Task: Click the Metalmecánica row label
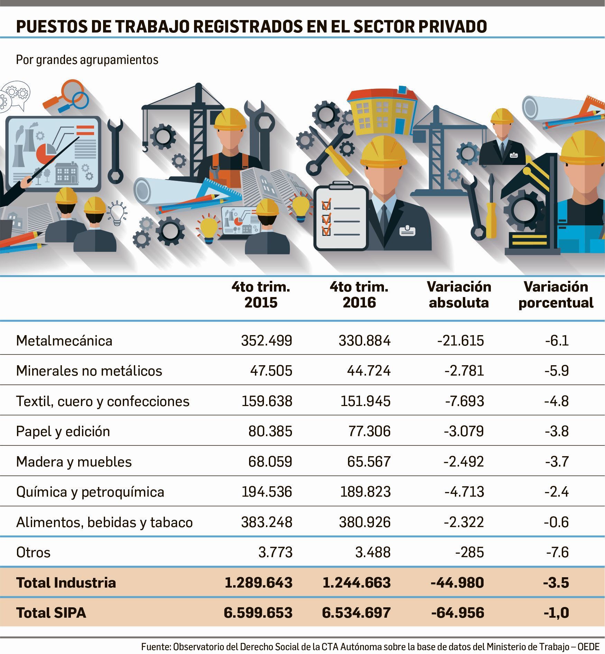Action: [64, 341]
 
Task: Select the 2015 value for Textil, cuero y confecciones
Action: [266, 401]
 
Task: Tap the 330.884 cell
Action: [364, 341]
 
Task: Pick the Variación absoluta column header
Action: [459, 295]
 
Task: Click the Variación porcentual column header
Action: [556, 295]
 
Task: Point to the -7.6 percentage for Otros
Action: [557, 552]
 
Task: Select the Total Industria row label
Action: [66, 582]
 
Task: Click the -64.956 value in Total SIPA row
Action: [457, 612]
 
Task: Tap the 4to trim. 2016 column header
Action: [359, 295]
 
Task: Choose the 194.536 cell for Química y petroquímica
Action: [266, 492]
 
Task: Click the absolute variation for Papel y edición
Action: [464, 431]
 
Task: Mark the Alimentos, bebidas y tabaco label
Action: [104, 522]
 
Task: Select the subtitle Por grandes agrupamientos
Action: [87, 60]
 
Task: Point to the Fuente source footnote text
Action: [370, 646]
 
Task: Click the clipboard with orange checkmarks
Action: [341, 218]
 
